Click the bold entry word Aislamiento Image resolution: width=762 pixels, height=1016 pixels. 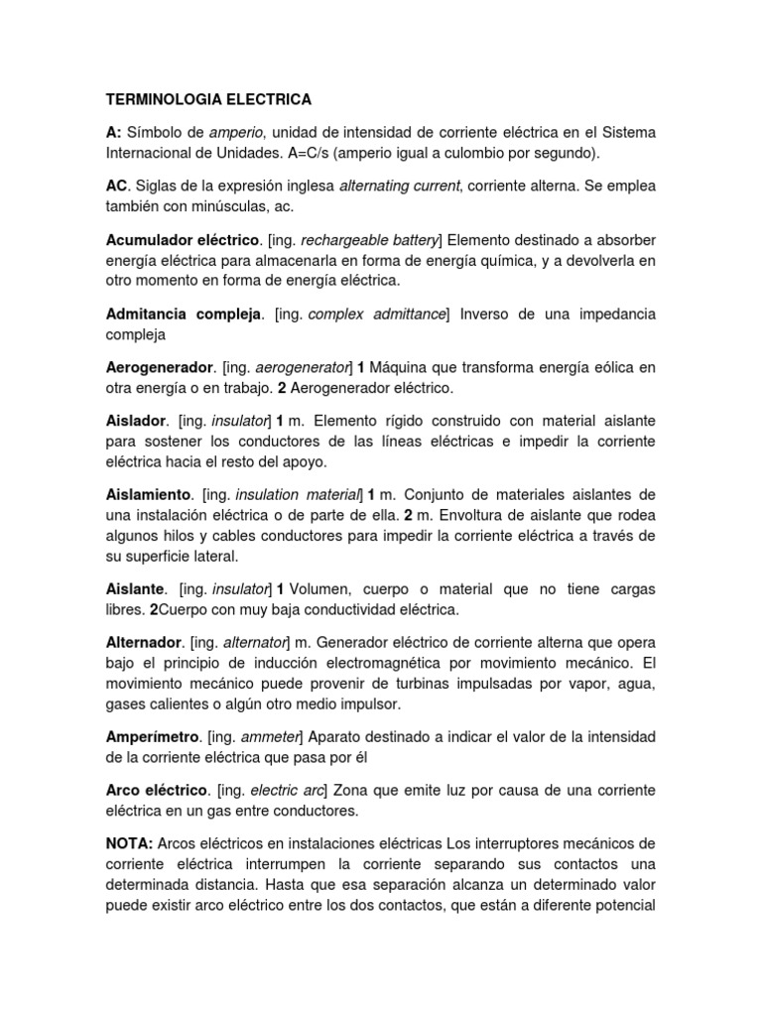tap(148, 494)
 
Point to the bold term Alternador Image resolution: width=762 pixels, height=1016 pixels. tap(144, 642)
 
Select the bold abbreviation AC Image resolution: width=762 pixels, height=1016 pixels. tap(117, 186)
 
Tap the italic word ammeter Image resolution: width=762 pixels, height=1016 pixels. tap(275, 737)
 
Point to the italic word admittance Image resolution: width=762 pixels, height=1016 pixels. tap(405, 314)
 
